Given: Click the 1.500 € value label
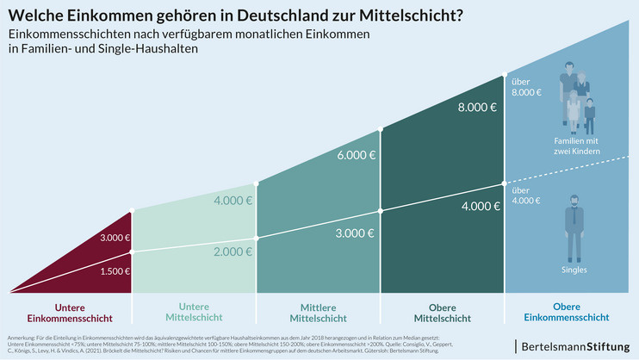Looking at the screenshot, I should coord(115,270).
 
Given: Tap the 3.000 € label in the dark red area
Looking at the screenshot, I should coord(115,238).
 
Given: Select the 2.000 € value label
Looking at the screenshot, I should coord(232,251).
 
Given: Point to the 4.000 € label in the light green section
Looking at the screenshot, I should coord(232,201).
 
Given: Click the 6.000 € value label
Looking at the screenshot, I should coord(356,155).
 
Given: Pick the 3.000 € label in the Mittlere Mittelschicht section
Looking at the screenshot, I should coord(356,233).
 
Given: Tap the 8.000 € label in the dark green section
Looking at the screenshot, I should coord(477,108).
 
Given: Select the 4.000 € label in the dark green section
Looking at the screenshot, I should coord(477,207).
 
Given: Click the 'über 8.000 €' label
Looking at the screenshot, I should coord(526,86).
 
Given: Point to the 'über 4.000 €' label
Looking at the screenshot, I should coord(526,196).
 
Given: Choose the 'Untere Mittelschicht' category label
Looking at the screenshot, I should coord(195,312).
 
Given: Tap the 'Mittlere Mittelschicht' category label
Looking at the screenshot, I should coord(318,312).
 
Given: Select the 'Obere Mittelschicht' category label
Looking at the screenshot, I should coord(442,312).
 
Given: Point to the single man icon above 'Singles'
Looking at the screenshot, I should coord(574,227).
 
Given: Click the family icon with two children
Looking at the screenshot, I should coord(576,101).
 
